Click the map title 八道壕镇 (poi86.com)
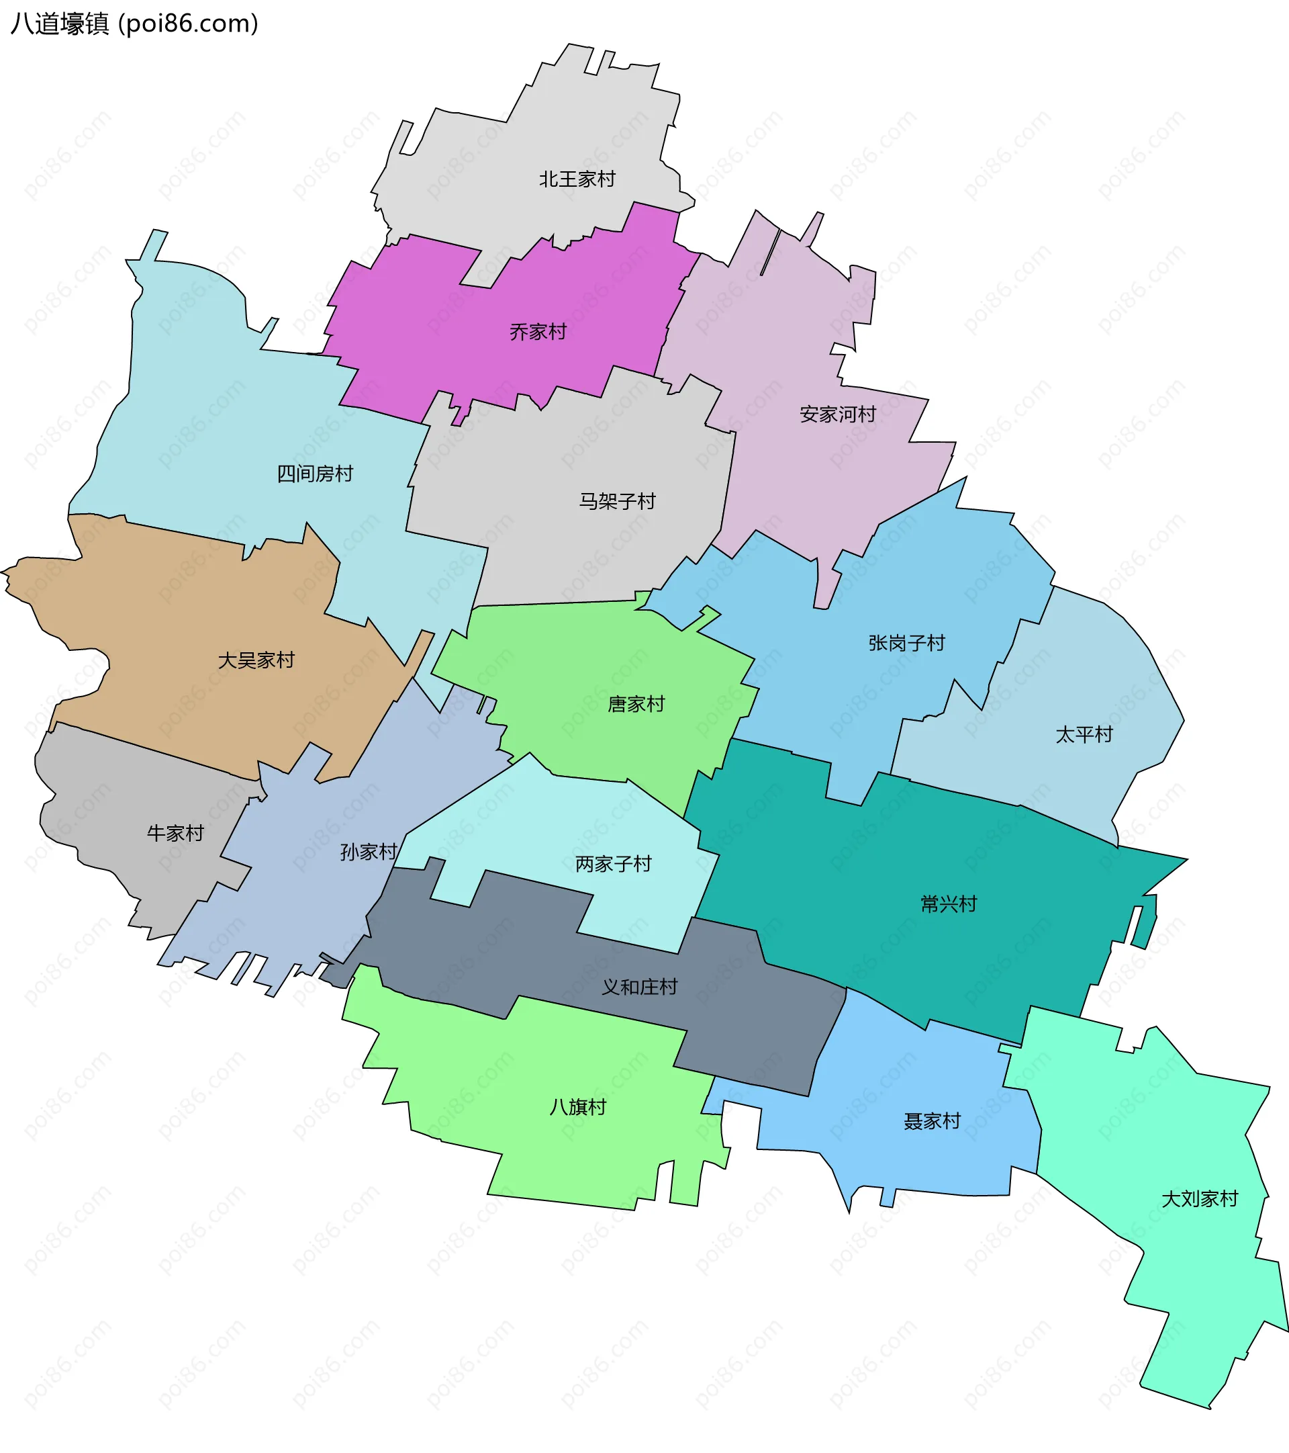pyautogui.click(x=134, y=24)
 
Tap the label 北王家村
pyautogui.click(x=577, y=179)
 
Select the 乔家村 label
pyautogui.click(x=538, y=332)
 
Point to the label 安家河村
pyautogui.click(x=838, y=414)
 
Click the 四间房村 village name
pyautogui.click(x=315, y=474)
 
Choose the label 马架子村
pyautogui.click(x=617, y=501)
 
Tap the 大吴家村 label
pyautogui.click(x=256, y=660)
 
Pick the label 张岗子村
pyautogui.click(x=907, y=644)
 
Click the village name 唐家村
pyautogui.click(x=636, y=705)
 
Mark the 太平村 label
pyautogui.click(x=1084, y=734)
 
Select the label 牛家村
pyautogui.click(x=175, y=833)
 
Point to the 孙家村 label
pyautogui.click(x=368, y=852)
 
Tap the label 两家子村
pyautogui.click(x=613, y=865)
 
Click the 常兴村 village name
pyautogui.click(x=949, y=904)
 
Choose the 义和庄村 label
pyautogui.click(x=640, y=987)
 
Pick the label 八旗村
pyautogui.click(x=578, y=1107)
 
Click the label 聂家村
pyautogui.click(x=932, y=1121)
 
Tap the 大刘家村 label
pyautogui.click(x=1200, y=1199)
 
